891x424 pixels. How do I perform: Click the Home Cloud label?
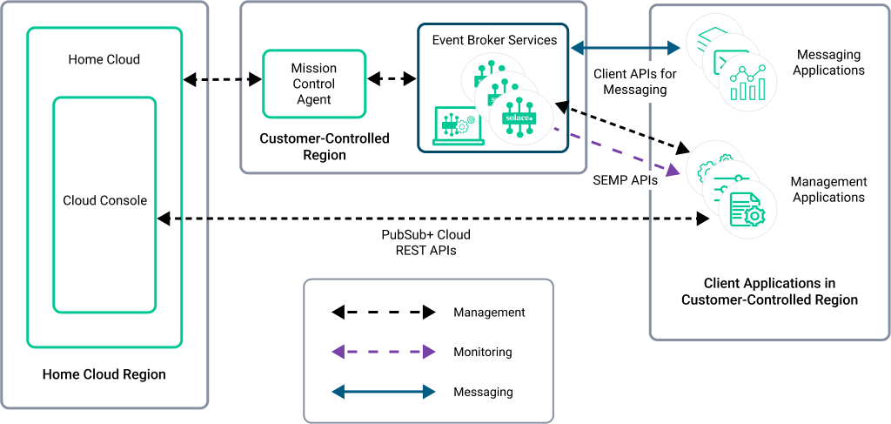tap(104, 60)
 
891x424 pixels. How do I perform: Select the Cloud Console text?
tap(104, 200)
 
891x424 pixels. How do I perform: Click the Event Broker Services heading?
tap(494, 40)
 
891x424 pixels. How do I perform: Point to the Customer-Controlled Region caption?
tap(325, 147)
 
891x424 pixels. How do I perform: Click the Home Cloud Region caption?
tap(104, 374)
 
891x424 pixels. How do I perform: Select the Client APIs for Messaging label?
tap(630, 82)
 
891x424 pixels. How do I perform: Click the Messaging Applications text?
tap(828, 62)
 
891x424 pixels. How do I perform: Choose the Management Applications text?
tap(828, 189)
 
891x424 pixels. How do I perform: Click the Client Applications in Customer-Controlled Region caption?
tap(769, 292)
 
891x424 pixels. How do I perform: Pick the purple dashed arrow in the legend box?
tap(383, 352)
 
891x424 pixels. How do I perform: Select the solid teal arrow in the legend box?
tap(383, 392)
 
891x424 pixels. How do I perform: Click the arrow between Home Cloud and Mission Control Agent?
tap(223, 80)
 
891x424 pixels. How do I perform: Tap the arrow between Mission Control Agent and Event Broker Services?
tap(392, 79)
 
